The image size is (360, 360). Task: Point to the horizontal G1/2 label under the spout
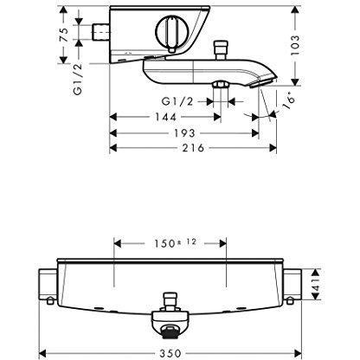click(x=184, y=101)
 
